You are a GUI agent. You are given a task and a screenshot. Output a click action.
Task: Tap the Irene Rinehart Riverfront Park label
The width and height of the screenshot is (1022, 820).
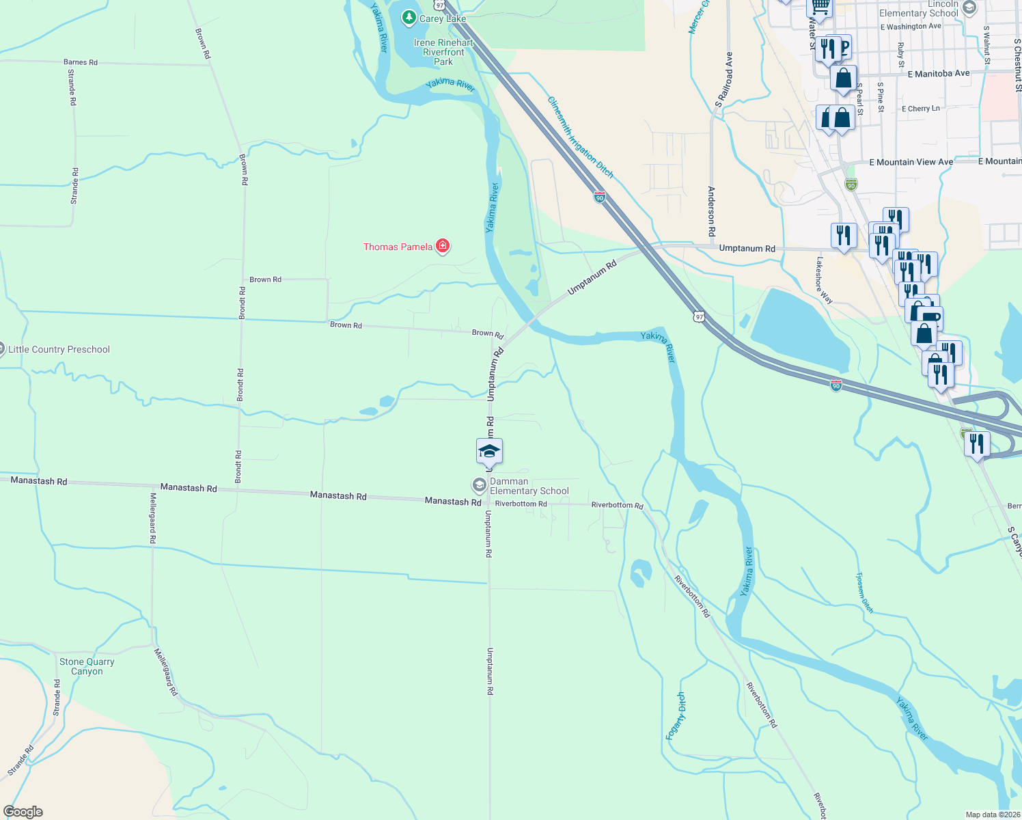pyautogui.click(x=443, y=52)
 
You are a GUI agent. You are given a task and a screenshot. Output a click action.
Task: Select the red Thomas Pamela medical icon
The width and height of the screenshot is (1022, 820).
pyautogui.click(x=443, y=246)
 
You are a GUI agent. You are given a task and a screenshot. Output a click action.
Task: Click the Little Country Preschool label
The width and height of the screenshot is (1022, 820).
pyautogui.click(x=59, y=349)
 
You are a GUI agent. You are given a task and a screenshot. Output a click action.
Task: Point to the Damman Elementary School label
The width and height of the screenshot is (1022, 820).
pyautogui.click(x=529, y=486)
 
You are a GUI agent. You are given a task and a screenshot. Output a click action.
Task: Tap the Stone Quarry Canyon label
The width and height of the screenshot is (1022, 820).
pyautogui.click(x=87, y=666)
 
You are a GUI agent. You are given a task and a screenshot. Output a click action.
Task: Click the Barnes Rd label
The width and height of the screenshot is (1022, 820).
pyautogui.click(x=81, y=62)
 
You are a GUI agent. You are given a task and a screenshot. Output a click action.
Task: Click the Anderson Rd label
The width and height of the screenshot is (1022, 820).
pyautogui.click(x=711, y=211)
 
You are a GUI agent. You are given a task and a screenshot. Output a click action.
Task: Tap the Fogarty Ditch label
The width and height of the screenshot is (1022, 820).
pyautogui.click(x=676, y=715)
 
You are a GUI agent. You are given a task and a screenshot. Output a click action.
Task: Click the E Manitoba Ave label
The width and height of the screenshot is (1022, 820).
pyautogui.click(x=938, y=73)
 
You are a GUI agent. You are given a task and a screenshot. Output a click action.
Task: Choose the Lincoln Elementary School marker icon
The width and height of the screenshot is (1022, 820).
pyautogui.click(x=969, y=8)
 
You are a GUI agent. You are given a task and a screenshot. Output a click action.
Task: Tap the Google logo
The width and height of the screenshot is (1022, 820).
pyautogui.click(x=23, y=812)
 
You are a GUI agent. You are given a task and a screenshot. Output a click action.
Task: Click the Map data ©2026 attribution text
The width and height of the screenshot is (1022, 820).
pyautogui.click(x=991, y=815)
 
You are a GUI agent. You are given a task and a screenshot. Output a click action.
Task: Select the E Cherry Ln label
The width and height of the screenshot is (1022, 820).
pyautogui.click(x=920, y=109)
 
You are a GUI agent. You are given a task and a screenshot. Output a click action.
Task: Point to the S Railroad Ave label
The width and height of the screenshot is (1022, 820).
pyautogui.click(x=725, y=80)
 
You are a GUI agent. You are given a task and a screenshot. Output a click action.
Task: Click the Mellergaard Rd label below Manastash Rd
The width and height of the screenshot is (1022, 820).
pyautogui.click(x=152, y=518)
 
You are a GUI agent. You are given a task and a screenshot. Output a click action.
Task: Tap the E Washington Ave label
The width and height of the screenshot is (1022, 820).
pyautogui.click(x=911, y=27)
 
